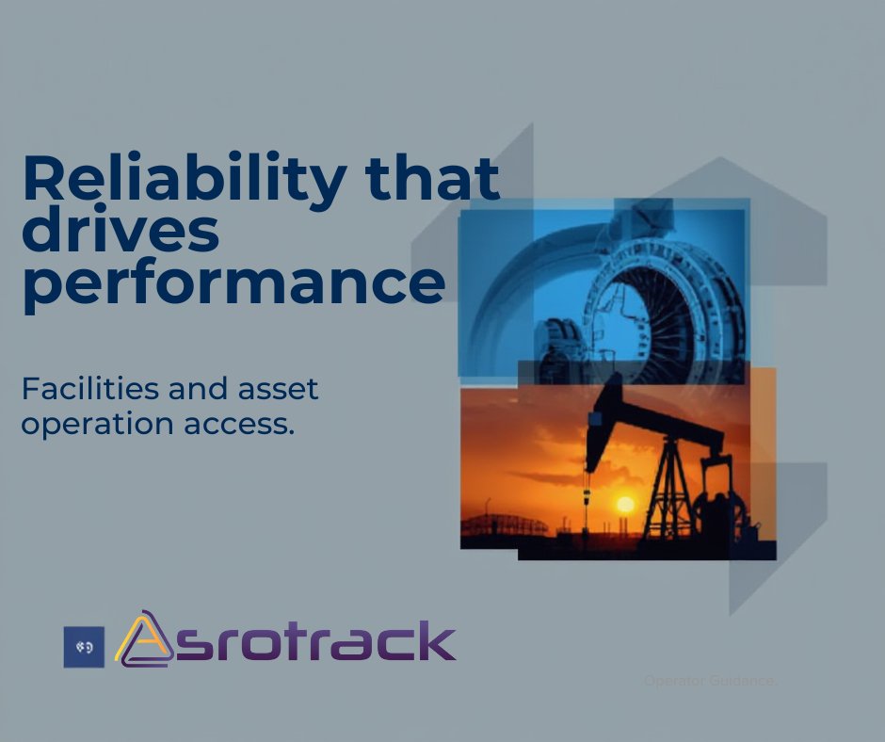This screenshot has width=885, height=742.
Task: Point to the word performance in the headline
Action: click(233, 282)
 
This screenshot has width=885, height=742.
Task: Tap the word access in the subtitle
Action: click(242, 424)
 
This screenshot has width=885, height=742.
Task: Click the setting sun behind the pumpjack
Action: click(625, 505)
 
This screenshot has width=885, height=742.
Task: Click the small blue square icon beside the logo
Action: click(84, 647)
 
